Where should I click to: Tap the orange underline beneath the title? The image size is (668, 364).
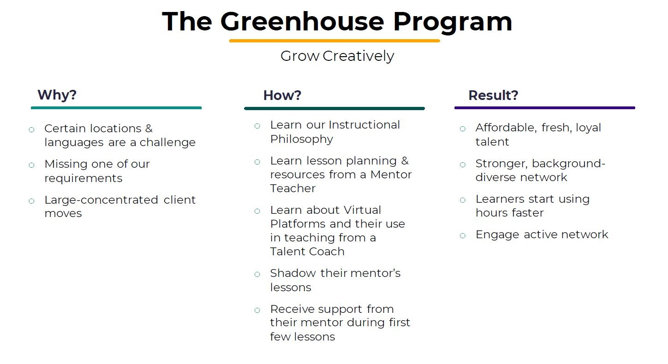[x=334, y=41]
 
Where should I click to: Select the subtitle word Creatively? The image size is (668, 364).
[x=358, y=56]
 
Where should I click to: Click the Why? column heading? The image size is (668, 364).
[x=57, y=95]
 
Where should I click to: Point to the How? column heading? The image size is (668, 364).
[x=282, y=95]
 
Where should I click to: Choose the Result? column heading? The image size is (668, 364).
[x=493, y=95]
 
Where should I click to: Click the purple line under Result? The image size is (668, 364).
[x=544, y=108]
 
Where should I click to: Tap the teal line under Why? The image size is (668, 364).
[x=116, y=108]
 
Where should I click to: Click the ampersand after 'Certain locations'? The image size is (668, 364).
[x=149, y=129]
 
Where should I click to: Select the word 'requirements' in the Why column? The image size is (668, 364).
[x=83, y=178]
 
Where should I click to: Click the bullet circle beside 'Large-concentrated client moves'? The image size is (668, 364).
[x=31, y=200]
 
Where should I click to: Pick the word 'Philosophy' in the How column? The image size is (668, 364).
[x=302, y=139]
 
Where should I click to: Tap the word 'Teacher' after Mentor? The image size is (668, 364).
[x=293, y=188]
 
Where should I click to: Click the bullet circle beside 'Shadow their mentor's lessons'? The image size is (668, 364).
[x=257, y=274]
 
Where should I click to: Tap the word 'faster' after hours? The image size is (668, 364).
[x=528, y=213]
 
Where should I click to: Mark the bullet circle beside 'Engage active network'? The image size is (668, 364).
[x=463, y=235]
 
